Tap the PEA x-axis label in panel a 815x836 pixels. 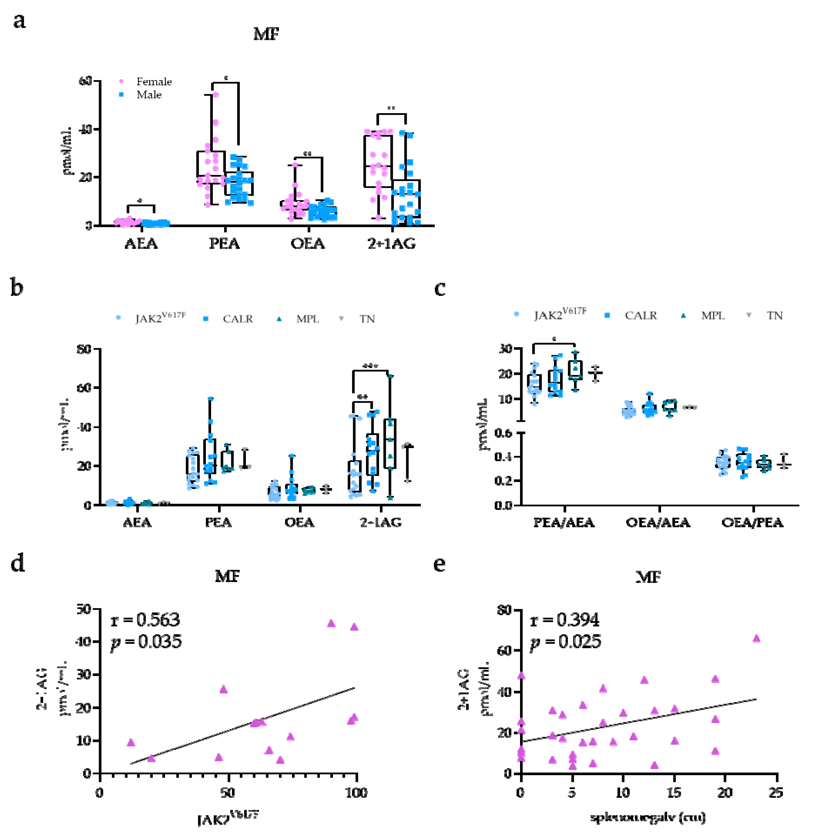click(x=224, y=244)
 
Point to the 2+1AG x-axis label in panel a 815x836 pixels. click(x=391, y=244)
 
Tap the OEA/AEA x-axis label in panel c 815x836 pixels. click(x=658, y=523)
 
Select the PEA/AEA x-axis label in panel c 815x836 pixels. click(x=564, y=523)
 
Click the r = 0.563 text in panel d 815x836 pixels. click(x=145, y=620)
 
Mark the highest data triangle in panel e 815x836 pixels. click(x=756, y=639)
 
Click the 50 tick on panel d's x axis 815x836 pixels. click(x=228, y=793)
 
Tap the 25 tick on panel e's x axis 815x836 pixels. click(x=776, y=793)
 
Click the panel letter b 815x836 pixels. click(x=17, y=288)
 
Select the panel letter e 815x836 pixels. click(x=439, y=564)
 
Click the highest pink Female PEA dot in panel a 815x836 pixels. click(x=216, y=95)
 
